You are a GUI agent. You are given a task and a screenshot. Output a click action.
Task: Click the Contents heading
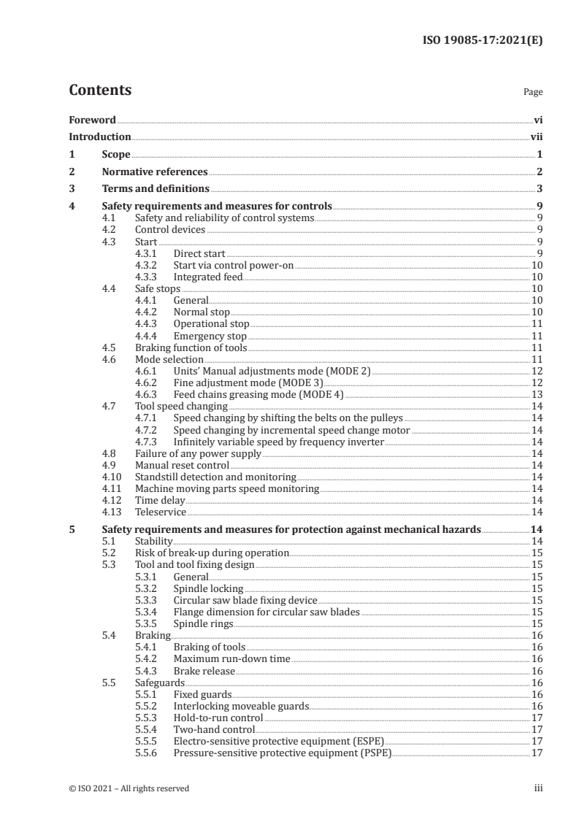pyautogui.click(x=100, y=91)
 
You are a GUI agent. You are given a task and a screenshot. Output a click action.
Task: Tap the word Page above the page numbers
pyautogui.click(x=533, y=93)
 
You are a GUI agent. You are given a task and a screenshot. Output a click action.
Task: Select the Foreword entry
pyautogui.click(x=92, y=120)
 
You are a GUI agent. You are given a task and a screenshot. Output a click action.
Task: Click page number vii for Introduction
pyautogui.click(x=536, y=137)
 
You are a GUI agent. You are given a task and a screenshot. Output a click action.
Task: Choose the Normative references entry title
pyautogui.click(x=154, y=172)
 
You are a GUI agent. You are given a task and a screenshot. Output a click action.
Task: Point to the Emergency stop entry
pyautogui.click(x=210, y=336)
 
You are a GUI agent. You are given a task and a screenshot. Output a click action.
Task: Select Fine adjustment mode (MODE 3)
pyautogui.click(x=248, y=382)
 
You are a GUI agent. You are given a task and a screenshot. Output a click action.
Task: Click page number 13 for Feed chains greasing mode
pyautogui.click(x=536, y=394)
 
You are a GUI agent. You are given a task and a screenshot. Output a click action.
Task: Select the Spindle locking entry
pyautogui.click(x=208, y=588)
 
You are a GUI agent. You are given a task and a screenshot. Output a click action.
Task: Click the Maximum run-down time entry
pyautogui.click(x=231, y=658)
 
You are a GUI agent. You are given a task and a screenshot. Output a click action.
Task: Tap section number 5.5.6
pyautogui.click(x=148, y=753)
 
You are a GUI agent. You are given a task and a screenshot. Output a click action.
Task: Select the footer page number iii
pyautogui.click(x=538, y=788)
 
